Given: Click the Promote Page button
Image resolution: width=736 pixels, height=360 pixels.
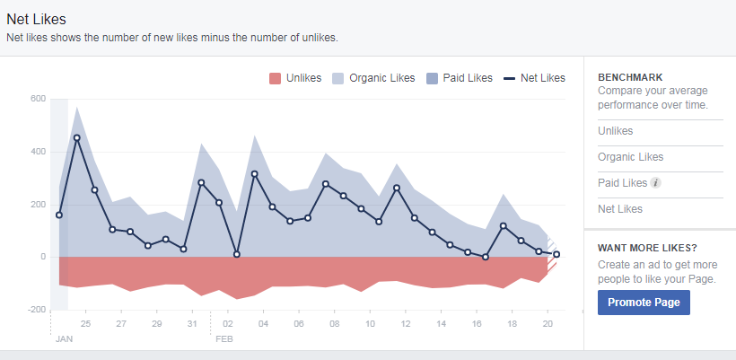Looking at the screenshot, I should [644, 303].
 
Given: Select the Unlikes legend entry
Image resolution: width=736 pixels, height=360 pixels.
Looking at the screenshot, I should [295, 78].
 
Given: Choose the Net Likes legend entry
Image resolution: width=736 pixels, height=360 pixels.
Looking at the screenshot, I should [535, 78].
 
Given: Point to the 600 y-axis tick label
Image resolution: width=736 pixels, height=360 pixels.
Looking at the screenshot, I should [37, 99].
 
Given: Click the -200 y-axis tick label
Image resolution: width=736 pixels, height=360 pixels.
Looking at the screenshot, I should [35, 310].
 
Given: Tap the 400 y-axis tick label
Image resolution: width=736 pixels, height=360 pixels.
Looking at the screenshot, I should [37, 152].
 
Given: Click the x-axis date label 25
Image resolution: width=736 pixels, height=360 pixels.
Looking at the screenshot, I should [85, 324].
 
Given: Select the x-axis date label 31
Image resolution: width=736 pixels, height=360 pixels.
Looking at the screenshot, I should [192, 324].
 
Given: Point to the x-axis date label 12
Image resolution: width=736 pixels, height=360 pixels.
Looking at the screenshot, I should [406, 324].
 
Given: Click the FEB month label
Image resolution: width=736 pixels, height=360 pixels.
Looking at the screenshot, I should [224, 340].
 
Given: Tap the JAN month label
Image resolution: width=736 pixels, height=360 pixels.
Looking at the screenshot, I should [64, 340].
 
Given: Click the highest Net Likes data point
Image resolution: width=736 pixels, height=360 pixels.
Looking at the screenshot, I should [77, 138].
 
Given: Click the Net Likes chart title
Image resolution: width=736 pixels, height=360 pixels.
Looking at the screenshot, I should [36, 19].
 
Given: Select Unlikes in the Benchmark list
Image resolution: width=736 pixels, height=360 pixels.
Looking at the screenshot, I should [615, 131].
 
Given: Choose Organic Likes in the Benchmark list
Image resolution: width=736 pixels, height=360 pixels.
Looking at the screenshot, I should [632, 157].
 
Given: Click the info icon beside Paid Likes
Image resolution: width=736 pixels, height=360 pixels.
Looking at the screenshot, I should [656, 183].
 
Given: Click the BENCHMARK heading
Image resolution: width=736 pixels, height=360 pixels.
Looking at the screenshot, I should [631, 78].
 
